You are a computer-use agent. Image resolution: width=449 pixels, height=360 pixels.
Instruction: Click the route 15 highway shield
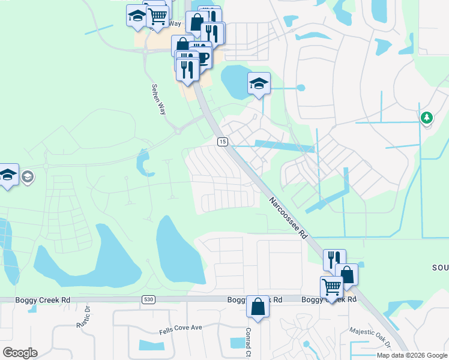pyautogui.click(x=223, y=142)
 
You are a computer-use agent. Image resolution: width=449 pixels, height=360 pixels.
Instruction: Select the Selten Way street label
pyautogui.click(x=158, y=99)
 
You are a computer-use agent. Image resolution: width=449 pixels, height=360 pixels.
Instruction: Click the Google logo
pyautogui.click(x=20, y=353)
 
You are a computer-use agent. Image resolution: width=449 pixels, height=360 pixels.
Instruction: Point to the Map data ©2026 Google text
pyautogui.click(x=412, y=355)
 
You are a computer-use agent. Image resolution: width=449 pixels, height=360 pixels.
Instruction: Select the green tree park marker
pyautogui.click(x=427, y=118)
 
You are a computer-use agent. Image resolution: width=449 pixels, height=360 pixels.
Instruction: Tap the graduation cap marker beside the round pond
pyautogui.click(x=259, y=83)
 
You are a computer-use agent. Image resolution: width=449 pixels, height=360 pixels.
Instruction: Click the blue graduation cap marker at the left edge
pyautogui.click(x=7, y=175)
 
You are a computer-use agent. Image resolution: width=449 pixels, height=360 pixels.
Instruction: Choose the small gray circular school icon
pyautogui.click(x=28, y=176)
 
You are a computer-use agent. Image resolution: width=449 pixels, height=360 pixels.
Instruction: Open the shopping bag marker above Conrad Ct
pyautogui.click(x=258, y=307)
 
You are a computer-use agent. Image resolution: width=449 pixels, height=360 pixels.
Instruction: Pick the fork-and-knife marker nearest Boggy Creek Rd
pyautogui.click(x=334, y=259)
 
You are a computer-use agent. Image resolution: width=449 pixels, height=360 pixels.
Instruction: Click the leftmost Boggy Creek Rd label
pyautogui.click(x=44, y=299)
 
